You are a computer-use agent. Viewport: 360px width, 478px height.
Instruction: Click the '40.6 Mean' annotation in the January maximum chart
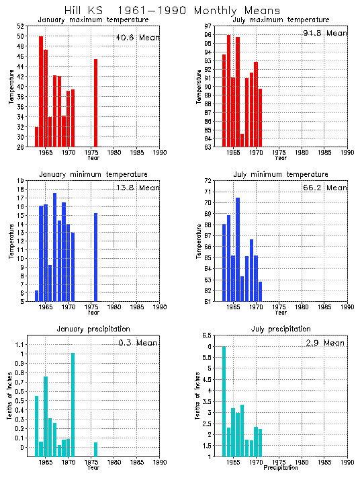click(137, 38)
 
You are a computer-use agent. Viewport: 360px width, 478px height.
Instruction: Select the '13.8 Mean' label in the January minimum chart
click(137, 188)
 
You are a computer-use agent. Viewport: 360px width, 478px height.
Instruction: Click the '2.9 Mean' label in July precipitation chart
click(324, 343)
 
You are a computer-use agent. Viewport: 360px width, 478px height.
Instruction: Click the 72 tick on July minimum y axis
click(208, 181)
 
